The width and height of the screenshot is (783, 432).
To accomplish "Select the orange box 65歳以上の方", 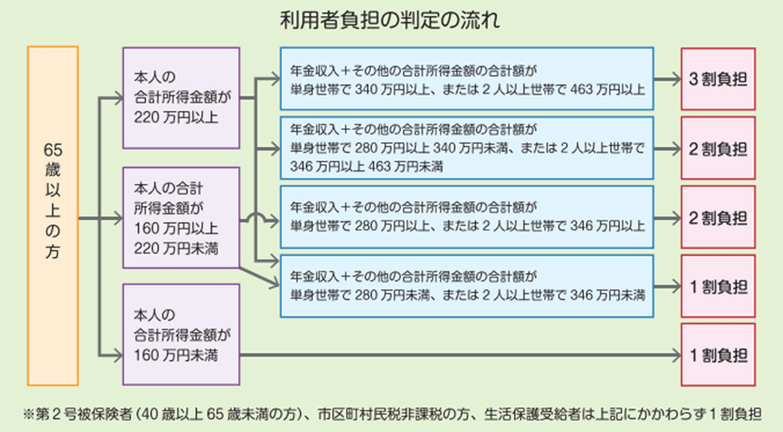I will (x=52, y=216).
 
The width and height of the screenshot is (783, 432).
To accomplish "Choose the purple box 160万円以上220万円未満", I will (x=181, y=217).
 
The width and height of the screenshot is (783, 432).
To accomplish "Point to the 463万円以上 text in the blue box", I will (x=609, y=90).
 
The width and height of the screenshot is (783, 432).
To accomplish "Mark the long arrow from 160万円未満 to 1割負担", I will (x=458, y=355).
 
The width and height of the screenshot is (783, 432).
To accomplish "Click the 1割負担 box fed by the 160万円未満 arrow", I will (x=718, y=355).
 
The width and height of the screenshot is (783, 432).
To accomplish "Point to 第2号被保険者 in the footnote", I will (x=76, y=414).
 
